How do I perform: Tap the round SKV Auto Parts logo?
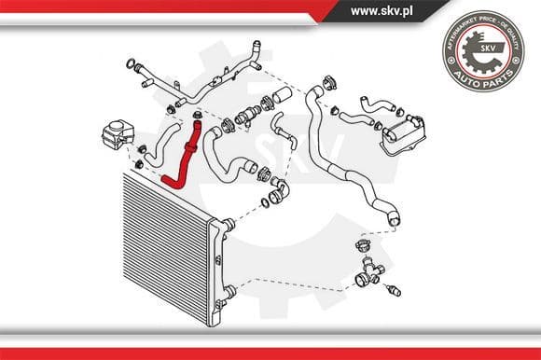[482, 51]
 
